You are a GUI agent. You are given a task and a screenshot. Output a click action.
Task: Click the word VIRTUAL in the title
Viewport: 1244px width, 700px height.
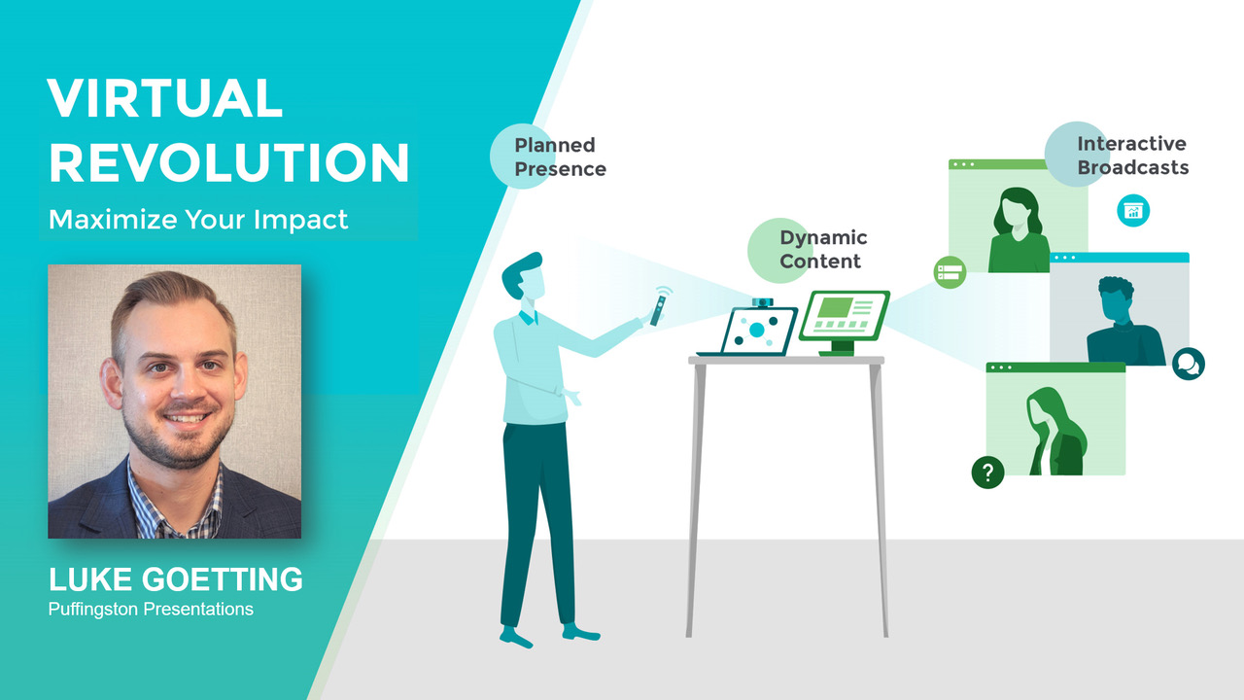coord(165,98)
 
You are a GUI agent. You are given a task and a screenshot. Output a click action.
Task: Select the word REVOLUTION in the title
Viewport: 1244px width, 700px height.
coord(229,162)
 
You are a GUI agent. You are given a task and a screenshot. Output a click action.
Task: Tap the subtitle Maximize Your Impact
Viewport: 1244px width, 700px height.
coord(198,220)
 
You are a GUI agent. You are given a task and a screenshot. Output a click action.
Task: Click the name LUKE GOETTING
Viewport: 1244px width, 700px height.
coord(176,579)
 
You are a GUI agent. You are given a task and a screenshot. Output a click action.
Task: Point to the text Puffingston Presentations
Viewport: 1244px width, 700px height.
coord(151,610)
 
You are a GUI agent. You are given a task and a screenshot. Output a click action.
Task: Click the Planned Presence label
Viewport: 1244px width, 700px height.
coord(560,157)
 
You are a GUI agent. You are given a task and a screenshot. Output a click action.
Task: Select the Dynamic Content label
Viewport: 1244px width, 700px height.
coord(823,250)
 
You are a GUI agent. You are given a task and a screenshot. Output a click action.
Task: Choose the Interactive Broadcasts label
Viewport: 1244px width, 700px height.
coord(1133,156)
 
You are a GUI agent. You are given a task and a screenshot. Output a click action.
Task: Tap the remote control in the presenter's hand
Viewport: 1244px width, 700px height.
coord(658,310)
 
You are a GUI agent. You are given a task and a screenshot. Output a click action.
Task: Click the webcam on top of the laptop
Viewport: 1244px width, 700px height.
coord(763,302)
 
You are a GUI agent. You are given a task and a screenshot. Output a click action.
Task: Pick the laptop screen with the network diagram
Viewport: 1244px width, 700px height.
coord(758,332)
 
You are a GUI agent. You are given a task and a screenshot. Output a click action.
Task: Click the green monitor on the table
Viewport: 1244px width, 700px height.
coord(845,321)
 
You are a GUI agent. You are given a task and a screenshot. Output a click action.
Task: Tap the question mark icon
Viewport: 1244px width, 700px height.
coord(987,472)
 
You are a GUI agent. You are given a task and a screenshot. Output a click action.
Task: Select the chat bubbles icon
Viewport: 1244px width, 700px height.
coord(1188,364)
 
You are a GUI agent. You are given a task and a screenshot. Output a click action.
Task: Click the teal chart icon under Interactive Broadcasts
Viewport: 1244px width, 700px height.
coord(1133,211)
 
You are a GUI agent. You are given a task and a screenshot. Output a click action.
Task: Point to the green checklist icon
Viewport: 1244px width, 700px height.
coord(950,272)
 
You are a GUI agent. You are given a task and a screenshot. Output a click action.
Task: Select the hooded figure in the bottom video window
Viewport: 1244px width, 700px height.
coord(1056,431)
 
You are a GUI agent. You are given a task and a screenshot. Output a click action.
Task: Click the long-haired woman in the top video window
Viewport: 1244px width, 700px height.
coord(1019,230)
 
